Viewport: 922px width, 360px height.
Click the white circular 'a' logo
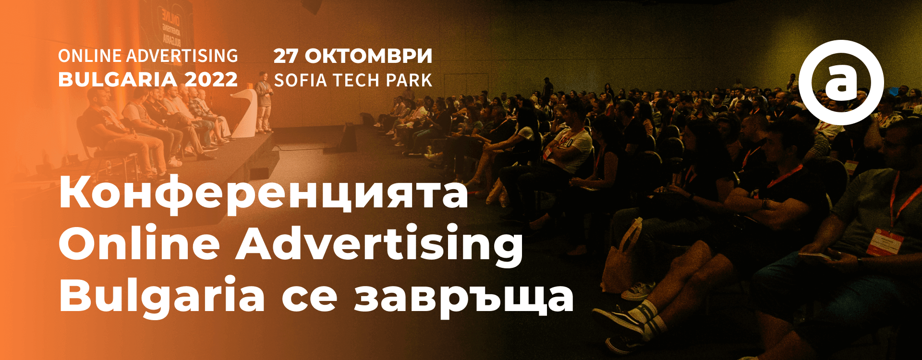[x=841, y=82]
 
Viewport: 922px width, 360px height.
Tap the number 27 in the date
[x=286, y=56]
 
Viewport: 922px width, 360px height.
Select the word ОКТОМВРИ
[x=368, y=56]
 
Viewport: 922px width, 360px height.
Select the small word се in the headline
[x=309, y=299]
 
